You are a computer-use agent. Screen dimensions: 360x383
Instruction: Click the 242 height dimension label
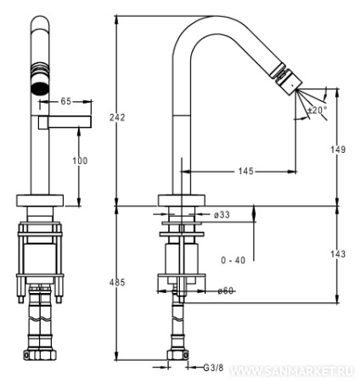117,117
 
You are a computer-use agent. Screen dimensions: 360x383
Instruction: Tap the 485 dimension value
117,282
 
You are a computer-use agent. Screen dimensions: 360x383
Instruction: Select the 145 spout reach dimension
246,172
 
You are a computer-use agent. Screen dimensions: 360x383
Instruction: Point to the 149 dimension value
338,149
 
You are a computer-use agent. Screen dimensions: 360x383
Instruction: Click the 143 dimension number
338,254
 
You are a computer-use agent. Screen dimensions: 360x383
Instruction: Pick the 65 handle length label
66,101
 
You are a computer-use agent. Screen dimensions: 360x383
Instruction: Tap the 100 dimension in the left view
80,161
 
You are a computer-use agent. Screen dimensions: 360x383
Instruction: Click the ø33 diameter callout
222,215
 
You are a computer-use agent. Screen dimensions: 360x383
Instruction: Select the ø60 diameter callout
226,290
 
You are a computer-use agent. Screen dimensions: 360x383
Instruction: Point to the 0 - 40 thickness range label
233,260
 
